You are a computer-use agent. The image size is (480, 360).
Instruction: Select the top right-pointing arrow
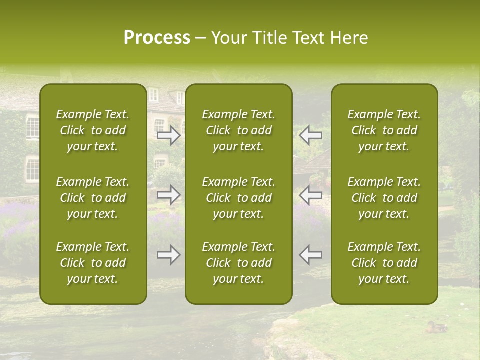(x=169, y=135)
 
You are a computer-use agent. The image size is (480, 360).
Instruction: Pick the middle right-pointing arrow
(x=169, y=195)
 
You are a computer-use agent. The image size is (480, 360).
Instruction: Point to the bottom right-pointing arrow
(x=169, y=255)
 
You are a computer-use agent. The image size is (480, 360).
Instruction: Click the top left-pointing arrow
(x=310, y=135)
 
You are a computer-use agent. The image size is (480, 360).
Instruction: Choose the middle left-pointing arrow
(x=310, y=195)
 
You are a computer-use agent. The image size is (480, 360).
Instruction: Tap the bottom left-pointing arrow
(x=310, y=255)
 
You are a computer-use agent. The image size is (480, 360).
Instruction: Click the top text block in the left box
(x=93, y=130)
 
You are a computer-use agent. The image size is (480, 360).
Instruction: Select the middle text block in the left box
(x=93, y=198)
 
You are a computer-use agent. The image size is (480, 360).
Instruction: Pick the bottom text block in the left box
(x=93, y=263)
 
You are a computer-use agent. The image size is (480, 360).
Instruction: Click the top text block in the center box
(x=239, y=130)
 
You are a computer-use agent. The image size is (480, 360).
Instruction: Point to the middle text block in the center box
(x=239, y=198)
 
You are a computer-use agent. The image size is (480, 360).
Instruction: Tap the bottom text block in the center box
(x=239, y=263)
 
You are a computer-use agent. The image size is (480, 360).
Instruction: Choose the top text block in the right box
(x=384, y=130)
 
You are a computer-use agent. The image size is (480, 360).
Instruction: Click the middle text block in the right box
(x=384, y=198)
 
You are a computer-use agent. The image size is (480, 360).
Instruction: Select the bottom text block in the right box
(x=384, y=263)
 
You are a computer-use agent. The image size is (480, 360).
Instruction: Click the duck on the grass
(x=436, y=327)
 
